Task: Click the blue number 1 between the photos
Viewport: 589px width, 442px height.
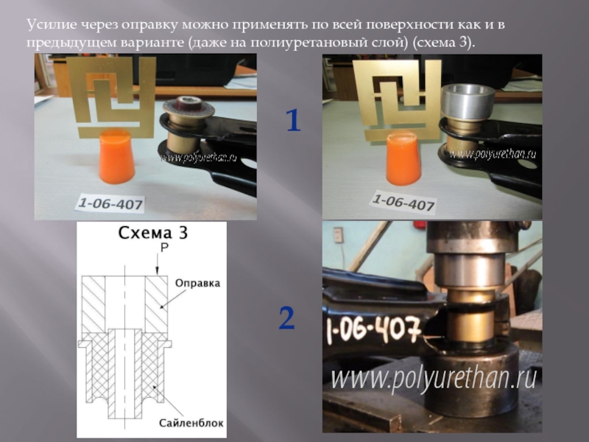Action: click(x=293, y=120)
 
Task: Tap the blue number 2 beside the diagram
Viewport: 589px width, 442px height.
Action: click(x=286, y=318)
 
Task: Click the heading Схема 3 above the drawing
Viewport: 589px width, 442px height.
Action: click(x=152, y=233)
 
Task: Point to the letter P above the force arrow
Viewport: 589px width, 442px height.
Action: click(x=164, y=248)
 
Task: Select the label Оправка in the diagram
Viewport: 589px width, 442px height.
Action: click(x=197, y=283)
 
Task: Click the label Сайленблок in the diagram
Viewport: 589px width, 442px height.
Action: click(x=191, y=423)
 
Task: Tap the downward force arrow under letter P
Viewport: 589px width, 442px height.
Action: click(x=158, y=264)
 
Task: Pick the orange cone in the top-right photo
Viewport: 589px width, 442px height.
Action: click(x=403, y=158)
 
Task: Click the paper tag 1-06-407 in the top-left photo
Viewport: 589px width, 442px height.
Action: click(x=110, y=204)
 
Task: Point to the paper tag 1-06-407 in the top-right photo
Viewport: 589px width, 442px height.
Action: click(x=403, y=203)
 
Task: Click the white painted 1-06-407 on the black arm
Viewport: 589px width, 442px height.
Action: click(x=373, y=331)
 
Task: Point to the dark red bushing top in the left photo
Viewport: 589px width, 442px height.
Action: click(x=189, y=103)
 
